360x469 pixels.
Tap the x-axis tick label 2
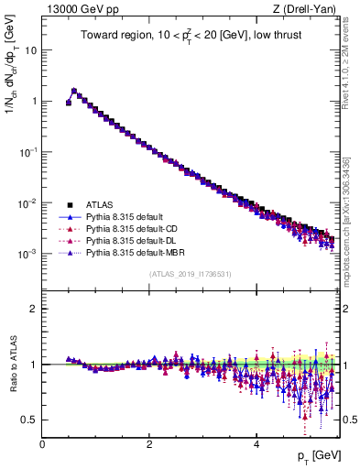(x=149, y=444)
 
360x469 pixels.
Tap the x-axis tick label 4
(x=256, y=444)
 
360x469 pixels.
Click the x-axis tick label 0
(x=42, y=444)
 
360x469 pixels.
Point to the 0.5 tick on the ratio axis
(x=30, y=420)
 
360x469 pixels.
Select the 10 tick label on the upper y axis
(x=30, y=50)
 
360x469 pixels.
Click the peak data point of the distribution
(x=74, y=91)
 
